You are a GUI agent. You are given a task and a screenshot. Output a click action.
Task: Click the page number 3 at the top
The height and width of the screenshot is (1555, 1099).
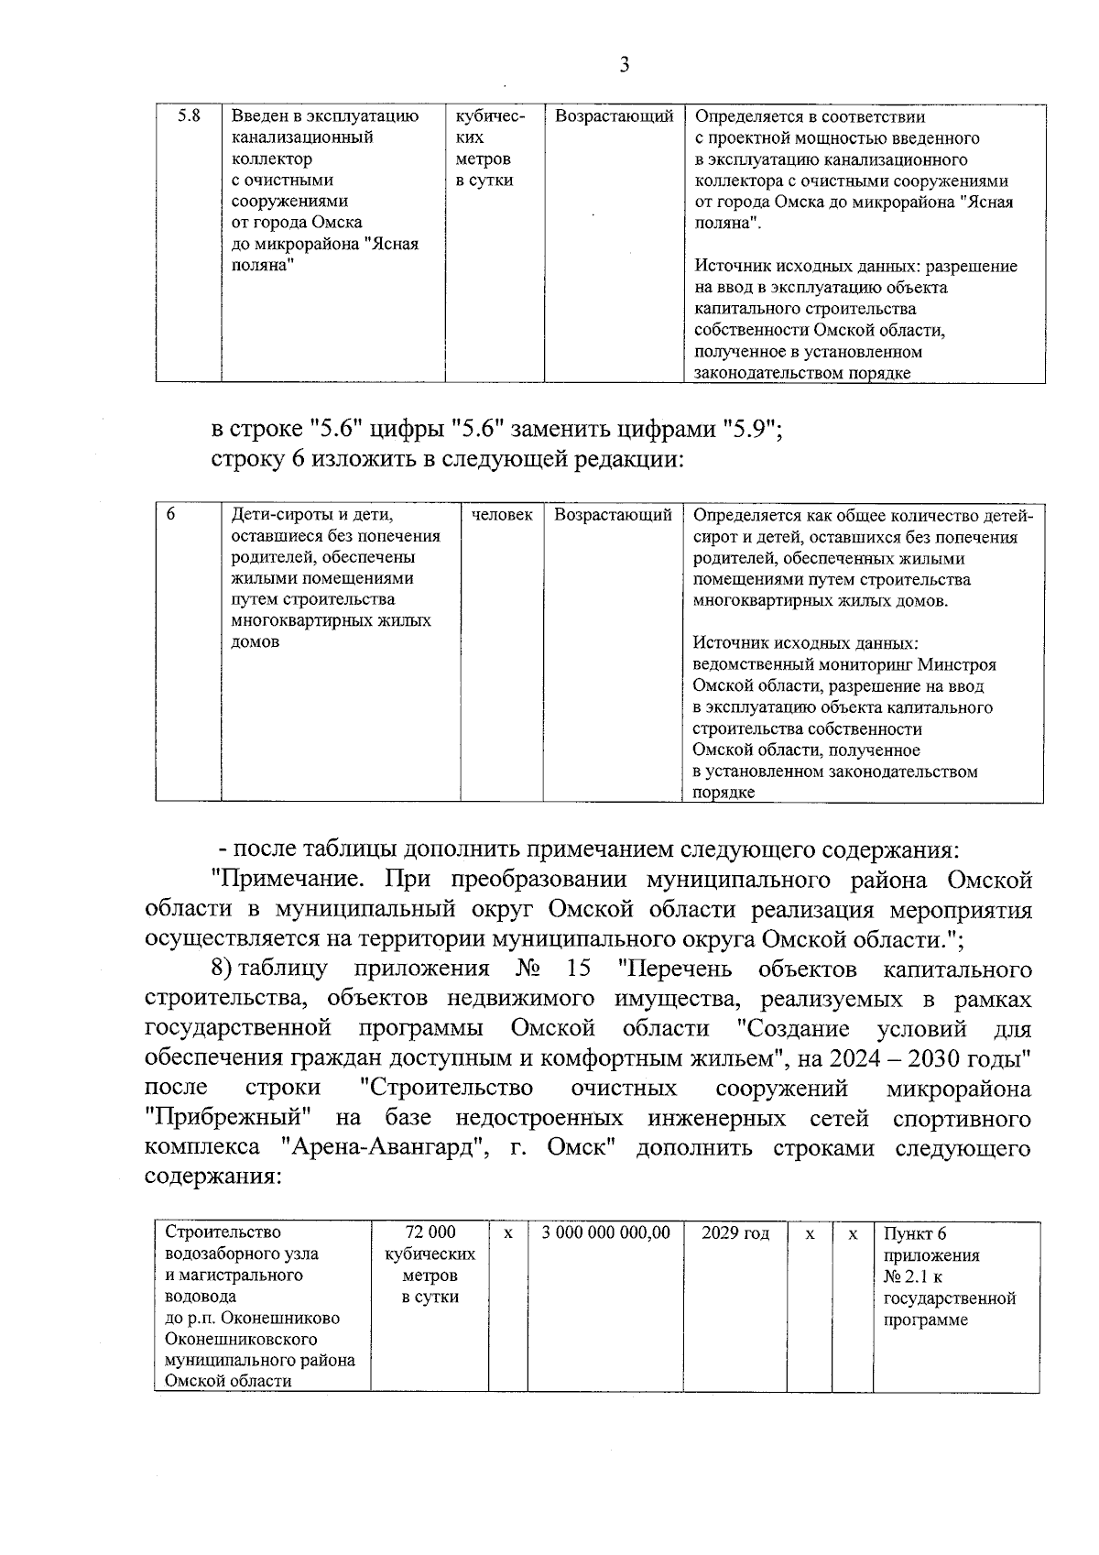point(624,64)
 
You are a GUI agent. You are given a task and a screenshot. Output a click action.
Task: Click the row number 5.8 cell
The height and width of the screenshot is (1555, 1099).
point(188,116)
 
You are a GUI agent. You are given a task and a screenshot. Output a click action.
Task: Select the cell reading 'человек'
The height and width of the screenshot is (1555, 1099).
point(502,515)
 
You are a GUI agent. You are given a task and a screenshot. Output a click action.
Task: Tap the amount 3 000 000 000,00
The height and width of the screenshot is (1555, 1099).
point(606,1233)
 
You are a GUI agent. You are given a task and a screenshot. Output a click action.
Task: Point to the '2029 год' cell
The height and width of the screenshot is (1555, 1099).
point(735,1233)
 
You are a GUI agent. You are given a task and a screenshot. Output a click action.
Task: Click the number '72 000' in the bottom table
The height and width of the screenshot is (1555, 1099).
point(430,1233)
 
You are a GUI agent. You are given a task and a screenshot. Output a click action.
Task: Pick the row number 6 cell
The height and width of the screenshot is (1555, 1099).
point(170,515)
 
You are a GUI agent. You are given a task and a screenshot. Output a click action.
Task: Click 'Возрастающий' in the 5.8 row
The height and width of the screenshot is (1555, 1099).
point(614,116)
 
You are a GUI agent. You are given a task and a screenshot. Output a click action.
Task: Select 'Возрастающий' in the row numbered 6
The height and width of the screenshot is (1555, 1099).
point(613,515)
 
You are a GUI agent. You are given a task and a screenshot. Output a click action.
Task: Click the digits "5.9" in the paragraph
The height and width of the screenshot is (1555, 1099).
point(750,429)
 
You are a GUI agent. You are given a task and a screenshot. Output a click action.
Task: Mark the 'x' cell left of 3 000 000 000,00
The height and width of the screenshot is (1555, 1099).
point(507,1233)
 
